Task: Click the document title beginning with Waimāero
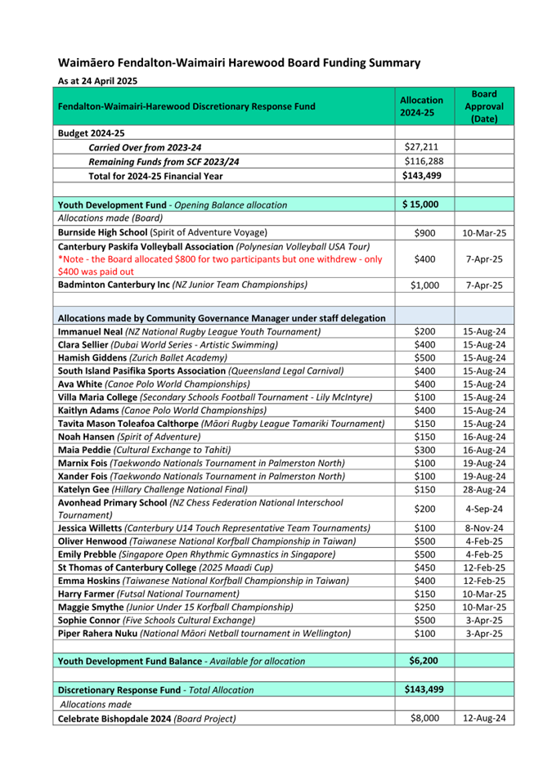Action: [239, 62]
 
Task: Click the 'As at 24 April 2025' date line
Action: [96, 81]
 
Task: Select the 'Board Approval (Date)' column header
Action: [483, 107]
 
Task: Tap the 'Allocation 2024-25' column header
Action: [421, 106]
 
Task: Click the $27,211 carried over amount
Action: [422, 146]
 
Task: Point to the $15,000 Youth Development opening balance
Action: [421, 204]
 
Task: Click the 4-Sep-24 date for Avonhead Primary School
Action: [486, 509]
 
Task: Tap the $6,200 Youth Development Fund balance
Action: [423, 660]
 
